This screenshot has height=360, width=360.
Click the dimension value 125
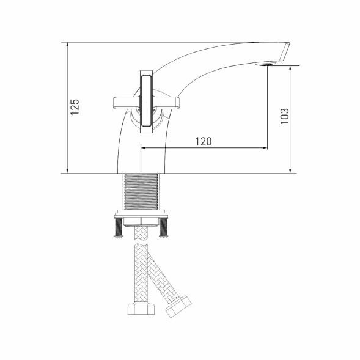pos(75,107)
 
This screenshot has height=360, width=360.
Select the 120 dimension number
pos(204,141)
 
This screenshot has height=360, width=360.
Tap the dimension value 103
pos(284,116)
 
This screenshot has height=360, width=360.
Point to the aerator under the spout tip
pos(266,62)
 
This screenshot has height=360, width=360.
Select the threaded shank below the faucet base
pos(141,193)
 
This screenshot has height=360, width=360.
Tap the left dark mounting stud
pos(116,229)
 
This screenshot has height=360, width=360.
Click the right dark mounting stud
pos(164,229)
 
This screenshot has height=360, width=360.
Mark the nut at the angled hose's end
pos(178,306)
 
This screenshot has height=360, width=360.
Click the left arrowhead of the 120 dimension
pos(144,148)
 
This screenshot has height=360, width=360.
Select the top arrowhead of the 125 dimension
pos(66,45)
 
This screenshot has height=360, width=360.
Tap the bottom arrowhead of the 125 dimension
pos(66,171)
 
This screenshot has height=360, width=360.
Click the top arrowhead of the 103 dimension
pos(289,67)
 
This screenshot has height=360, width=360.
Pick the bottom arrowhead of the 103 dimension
pos(289,171)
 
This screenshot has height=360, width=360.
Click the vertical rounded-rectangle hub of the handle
pos(146,101)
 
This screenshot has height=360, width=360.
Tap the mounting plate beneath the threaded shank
pos(141,217)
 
